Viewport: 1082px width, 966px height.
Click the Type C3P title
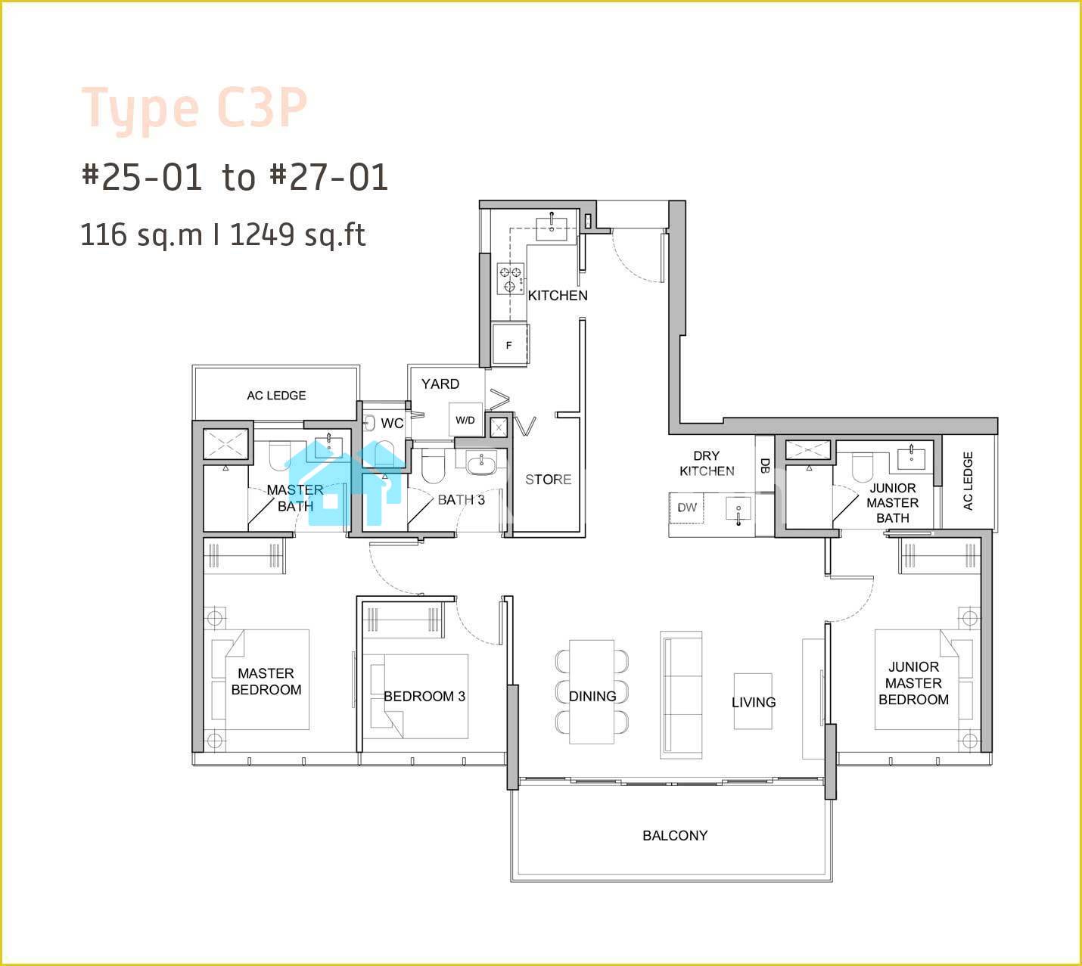coord(194,110)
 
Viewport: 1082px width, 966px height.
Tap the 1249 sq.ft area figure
coord(298,235)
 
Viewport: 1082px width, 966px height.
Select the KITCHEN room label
coord(558,295)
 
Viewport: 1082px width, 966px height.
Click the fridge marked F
coord(510,344)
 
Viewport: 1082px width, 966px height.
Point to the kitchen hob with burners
coord(510,278)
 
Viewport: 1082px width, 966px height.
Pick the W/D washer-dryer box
coord(465,420)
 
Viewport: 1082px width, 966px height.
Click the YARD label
coord(440,384)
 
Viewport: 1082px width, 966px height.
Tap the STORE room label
coord(548,480)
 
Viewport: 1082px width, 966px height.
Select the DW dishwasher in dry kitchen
coord(687,508)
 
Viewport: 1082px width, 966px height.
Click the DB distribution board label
coord(764,465)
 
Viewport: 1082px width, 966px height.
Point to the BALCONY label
coord(675,835)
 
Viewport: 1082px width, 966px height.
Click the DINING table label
coord(592,696)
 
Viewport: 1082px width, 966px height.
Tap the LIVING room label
coord(754,702)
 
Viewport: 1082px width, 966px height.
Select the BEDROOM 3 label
coord(424,696)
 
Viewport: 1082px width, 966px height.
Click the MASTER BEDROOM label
coord(266,682)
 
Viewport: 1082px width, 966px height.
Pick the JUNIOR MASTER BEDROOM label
coord(914,683)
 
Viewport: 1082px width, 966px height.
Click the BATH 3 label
coord(462,500)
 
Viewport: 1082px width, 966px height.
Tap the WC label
coord(392,424)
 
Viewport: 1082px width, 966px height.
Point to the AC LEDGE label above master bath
coord(276,396)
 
